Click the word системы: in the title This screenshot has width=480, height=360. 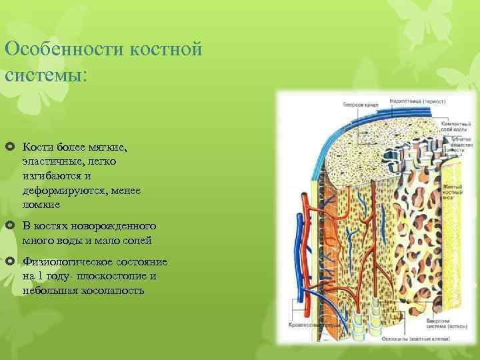point(45,74)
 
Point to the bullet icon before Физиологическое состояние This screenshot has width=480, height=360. point(10,261)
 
